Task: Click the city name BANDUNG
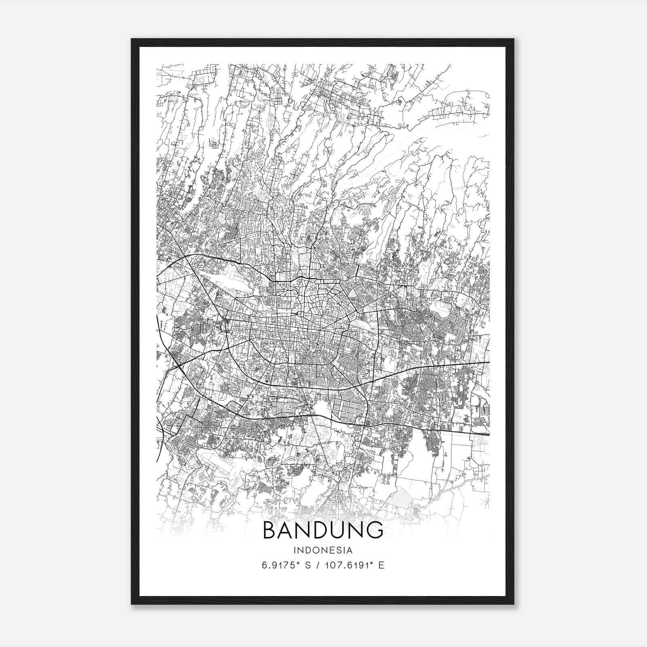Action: click(323, 530)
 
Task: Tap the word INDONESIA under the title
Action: click(323, 550)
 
